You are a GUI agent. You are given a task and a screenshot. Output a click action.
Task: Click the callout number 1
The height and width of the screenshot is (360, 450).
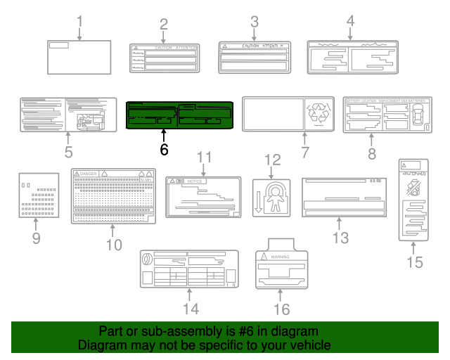pos(79,21)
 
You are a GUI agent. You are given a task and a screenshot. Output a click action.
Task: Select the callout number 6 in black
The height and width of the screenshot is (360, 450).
pos(164,150)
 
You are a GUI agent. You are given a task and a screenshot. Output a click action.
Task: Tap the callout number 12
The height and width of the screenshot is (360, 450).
pos(272,160)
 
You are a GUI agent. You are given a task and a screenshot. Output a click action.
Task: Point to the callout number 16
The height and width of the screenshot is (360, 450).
pos(280,309)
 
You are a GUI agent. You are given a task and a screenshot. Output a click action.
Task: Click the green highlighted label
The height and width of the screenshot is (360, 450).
pos(179,115)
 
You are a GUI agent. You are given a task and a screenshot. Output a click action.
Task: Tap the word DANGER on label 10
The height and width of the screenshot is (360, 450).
pos(89,173)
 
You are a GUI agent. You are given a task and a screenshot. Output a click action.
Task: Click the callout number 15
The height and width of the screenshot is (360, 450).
pos(415,262)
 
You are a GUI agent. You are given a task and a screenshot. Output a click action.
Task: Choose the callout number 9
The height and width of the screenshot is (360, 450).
pos(37,239)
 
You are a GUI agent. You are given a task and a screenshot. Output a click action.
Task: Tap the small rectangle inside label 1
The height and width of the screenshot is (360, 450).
pos(58,46)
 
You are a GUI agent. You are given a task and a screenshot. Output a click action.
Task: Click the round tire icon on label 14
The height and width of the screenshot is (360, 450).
pos(147,259)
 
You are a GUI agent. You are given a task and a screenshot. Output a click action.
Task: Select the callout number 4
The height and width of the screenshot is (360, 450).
pos(350,21)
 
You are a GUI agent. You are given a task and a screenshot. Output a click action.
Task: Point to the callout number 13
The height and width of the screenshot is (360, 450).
pos(340,238)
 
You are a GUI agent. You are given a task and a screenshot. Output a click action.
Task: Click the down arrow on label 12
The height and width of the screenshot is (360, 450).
pos(258,205)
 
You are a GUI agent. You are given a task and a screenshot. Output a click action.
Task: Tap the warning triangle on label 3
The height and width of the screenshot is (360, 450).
pos(224,46)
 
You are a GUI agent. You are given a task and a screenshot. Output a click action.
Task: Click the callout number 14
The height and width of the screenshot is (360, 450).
pos(190,309)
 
